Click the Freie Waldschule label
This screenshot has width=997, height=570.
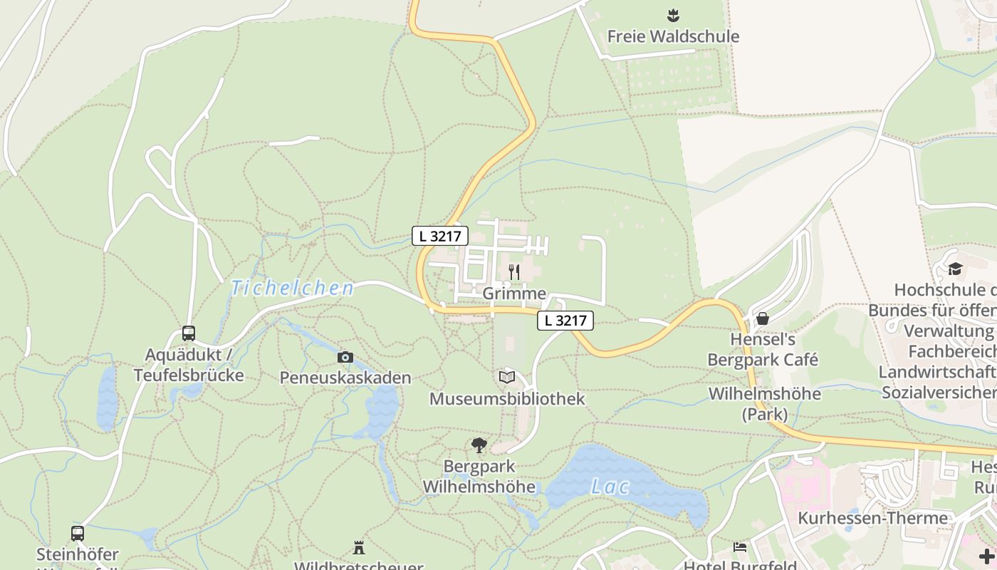[673, 36]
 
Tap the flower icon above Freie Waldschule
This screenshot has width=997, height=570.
[672, 14]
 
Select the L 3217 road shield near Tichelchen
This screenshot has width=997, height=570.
[439, 236]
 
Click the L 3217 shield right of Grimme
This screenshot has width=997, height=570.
[565, 321]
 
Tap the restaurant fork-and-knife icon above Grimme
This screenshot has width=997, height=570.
[514, 271]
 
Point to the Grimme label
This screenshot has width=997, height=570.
[514, 294]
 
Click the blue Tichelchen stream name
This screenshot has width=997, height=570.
[292, 288]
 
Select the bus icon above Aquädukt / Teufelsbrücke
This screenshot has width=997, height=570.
[188, 333]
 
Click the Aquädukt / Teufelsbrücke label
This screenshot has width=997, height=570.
[189, 365]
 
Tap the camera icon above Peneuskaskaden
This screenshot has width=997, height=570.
[345, 357]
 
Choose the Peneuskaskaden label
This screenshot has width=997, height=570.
[345, 378]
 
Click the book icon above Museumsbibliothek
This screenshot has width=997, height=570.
[507, 377]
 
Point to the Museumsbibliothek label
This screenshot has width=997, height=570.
[507, 399]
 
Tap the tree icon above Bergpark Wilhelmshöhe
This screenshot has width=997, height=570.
[479, 445]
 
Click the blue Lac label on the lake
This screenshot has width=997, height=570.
[610, 487]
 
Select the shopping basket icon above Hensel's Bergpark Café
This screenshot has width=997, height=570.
[763, 318]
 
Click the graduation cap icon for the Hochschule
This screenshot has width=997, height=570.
[955, 269]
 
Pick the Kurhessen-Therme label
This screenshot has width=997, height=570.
[872, 518]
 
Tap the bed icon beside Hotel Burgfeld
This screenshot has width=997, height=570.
[740, 547]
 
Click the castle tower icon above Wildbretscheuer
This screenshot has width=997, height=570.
[359, 548]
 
